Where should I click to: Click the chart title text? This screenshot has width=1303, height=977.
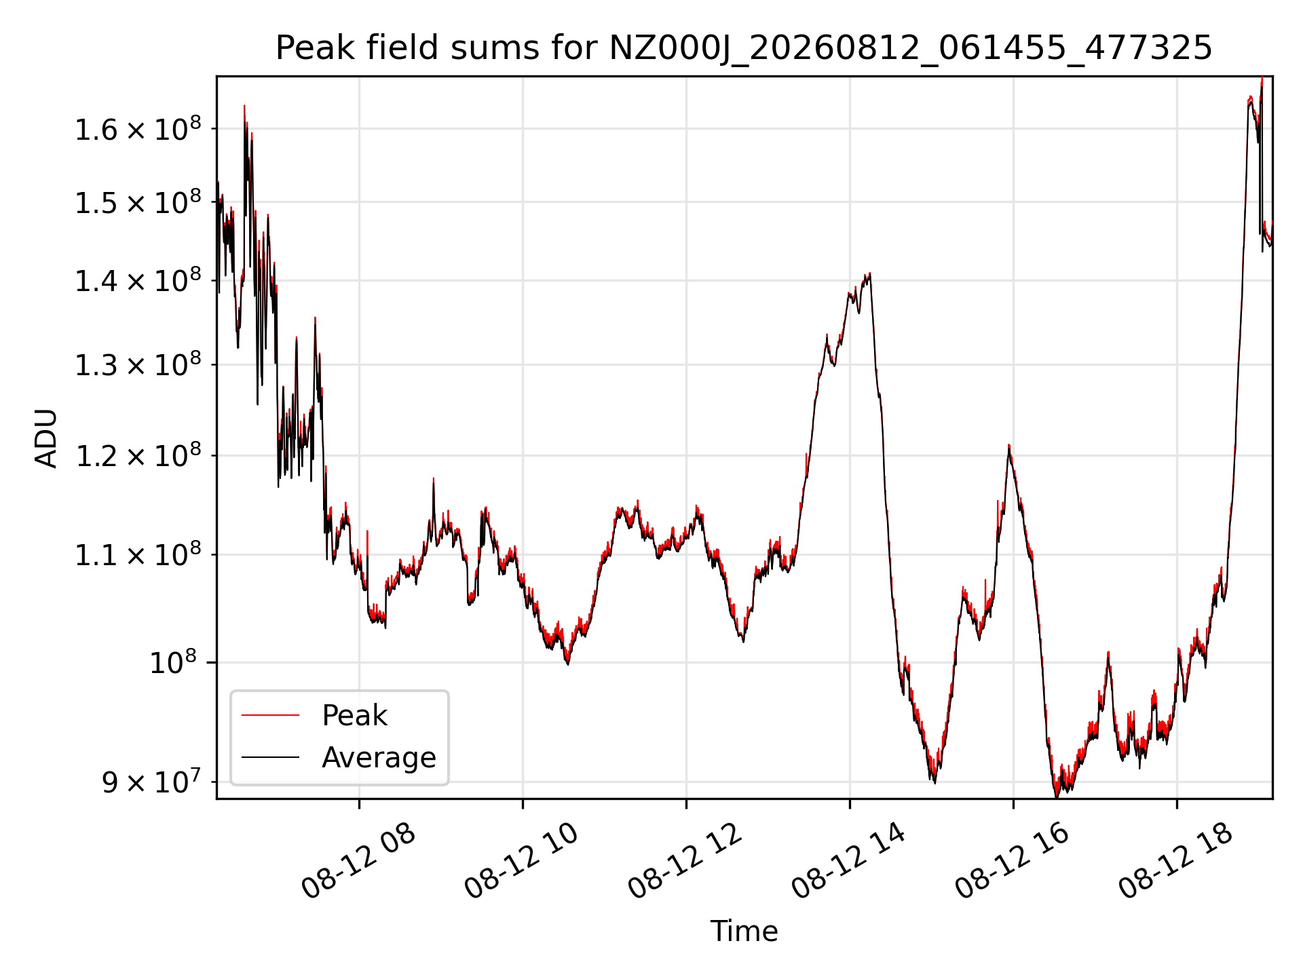[744, 48]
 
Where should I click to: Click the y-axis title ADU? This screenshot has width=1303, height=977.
[46, 438]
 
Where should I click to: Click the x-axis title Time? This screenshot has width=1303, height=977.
[744, 932]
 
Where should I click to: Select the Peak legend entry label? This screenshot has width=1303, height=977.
[354, 716]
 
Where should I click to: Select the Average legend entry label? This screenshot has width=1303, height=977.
[379, 757]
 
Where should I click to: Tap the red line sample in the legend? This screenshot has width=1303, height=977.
[270, 715]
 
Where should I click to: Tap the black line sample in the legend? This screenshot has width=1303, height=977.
[270, 757]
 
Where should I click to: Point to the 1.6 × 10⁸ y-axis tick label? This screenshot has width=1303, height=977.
[138, 128]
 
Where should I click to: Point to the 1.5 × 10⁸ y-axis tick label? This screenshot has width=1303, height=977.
[138, 202]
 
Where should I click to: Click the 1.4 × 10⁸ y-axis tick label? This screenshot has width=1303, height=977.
[138, 280]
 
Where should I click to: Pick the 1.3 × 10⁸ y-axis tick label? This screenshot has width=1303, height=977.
[138, 364]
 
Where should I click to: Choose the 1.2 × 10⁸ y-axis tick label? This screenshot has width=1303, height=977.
[138, 455]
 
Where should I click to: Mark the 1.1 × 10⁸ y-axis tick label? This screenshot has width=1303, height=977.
[138, 554]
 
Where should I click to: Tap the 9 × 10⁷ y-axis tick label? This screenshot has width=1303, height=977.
[151, 782]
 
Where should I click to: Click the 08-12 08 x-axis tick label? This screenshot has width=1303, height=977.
[358, 861]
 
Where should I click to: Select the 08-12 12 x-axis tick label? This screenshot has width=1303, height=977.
[685, 861]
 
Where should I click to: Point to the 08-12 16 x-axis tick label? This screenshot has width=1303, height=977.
[1012, 861]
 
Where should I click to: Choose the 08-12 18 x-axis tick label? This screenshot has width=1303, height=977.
[1175, 861]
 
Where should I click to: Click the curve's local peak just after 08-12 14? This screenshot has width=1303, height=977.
[869, 273]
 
